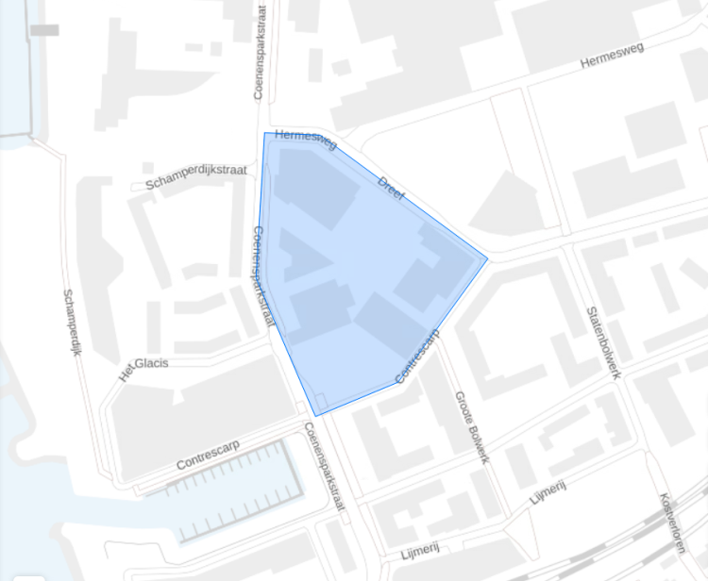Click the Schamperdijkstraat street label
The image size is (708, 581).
tap(196, 176)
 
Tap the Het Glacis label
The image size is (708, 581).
tap(143, 368)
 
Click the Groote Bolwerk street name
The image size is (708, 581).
tap(471, 426)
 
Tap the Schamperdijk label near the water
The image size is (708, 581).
tap(73, 322)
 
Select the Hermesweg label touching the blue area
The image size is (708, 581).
tap(306, 140)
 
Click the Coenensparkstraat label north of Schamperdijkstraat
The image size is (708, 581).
tap(261, 53)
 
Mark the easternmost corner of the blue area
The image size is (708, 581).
tap(487, 257)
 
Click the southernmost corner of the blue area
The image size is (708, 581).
tap(315, 415)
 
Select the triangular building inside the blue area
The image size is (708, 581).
tap(300, 257)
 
